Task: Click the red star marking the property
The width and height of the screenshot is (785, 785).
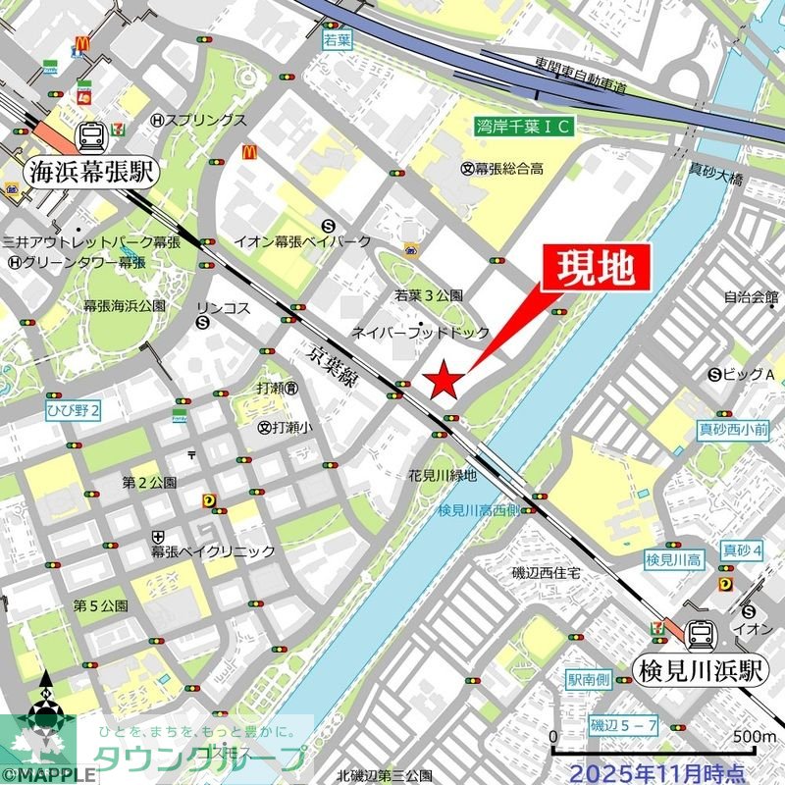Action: point(443,378)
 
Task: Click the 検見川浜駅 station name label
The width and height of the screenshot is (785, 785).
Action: point(701,672)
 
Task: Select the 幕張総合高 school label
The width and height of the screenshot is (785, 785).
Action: point(502,169)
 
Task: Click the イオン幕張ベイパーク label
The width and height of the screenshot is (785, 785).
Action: point(302,241)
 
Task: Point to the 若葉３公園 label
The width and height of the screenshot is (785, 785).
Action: point(428,295)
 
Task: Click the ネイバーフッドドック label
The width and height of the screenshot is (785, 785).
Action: point(420,333)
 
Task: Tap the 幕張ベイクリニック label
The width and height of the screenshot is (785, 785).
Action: point(213,551)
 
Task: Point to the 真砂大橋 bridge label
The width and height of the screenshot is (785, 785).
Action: point(715,179)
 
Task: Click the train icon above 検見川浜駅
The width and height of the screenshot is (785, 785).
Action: point(701,636)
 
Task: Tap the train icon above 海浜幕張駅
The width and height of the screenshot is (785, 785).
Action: point(92,135)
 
